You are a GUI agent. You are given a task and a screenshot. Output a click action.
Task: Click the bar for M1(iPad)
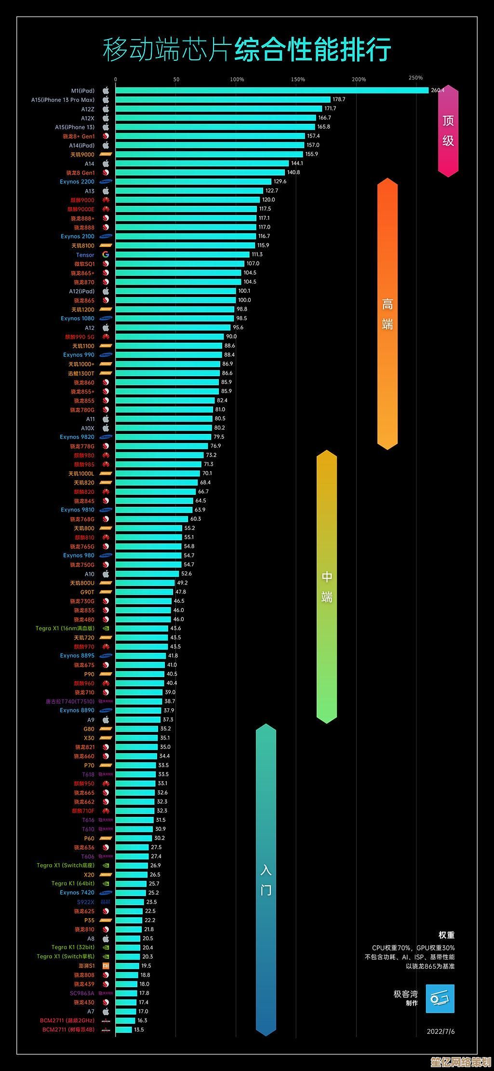click(x=271, y=90)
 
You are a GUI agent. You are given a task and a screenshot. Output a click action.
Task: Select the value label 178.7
click(x=339, y=99)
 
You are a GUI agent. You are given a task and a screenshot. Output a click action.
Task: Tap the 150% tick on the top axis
click(x=298, y=80)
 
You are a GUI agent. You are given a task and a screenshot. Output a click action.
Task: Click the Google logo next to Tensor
click(x=106, y=255)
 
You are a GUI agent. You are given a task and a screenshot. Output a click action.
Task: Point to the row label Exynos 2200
click(x=77, y=182)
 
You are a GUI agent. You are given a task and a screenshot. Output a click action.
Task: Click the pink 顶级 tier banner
click(x=448, y=130)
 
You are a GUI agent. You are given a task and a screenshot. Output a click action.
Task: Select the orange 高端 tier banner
click(x=387, y=313)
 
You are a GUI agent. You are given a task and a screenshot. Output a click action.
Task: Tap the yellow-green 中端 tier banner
click(x=327, y=586)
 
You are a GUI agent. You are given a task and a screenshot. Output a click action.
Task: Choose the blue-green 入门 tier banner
click(x=266, y=880)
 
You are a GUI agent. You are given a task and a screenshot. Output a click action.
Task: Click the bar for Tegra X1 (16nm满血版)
click(x=142, y=628)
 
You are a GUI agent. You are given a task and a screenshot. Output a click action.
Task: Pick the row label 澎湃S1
click(x=87, y=966)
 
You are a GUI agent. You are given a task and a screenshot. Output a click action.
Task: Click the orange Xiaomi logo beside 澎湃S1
click(x=106, y=966)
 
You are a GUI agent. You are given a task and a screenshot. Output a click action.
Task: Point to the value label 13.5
click(x=139, y=1030)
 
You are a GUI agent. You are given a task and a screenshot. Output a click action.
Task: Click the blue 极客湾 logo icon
click(x=440, y=998)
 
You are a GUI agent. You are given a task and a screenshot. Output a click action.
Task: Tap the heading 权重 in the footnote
click(x=446, y=935)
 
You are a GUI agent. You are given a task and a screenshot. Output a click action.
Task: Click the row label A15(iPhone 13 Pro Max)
click(x=63, y=100)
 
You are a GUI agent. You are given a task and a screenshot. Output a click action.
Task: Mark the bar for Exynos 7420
click(x=131, y=893)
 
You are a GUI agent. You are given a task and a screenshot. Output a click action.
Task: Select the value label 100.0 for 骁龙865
click(x=244, y=300)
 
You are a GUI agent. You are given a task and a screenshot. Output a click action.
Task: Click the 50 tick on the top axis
click(x=176, y=80)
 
